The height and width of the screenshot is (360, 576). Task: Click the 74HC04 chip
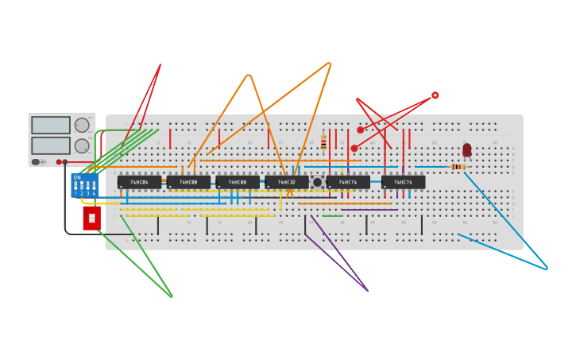pos(139,182)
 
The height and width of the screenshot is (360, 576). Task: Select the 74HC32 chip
pos(286,182)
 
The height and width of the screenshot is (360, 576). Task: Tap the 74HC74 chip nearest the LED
pos(403,182)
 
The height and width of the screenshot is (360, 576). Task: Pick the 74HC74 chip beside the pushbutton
pos(347,182)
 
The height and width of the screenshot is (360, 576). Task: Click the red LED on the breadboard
pos(467,149)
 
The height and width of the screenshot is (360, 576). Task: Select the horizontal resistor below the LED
pos(458,167)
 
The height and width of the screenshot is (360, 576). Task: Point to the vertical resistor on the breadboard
pos(323,142)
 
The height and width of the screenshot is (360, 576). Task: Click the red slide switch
pos(91,218)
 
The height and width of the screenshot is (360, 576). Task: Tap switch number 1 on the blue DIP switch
pos(75,187)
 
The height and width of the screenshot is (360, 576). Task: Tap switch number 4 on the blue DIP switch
pos(94,187)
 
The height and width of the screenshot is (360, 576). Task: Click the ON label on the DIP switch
pos(77,177)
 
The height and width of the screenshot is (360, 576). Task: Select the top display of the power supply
pos(51,125)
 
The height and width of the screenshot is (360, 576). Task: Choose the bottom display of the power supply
pos(51,145)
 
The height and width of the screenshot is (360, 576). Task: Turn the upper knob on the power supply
pos(82,125)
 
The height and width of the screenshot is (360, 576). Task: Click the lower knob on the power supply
pos(82,146)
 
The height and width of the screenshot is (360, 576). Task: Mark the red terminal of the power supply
pos(59,162)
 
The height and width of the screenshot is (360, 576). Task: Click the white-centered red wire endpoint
pos(435,95)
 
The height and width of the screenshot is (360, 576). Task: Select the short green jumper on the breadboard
pos(333,215)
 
